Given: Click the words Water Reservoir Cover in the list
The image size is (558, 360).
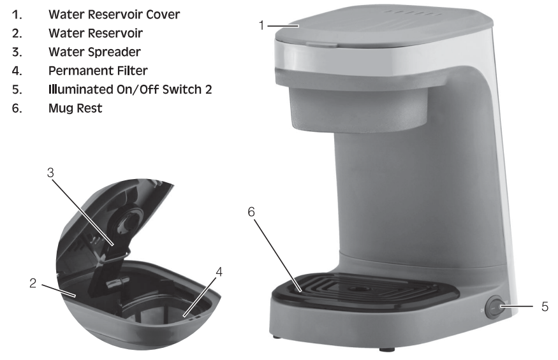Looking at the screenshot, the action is [114, 15].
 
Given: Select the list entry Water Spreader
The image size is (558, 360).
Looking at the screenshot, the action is [94, 52].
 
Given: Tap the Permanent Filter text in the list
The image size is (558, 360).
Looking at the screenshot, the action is [98, 71].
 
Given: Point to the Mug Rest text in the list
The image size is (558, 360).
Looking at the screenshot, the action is [75, 108].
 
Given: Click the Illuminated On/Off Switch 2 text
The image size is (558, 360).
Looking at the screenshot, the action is [130, 89].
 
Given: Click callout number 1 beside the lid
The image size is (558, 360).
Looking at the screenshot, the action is [261, 25].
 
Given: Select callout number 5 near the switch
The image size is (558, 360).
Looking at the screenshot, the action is [545, 306].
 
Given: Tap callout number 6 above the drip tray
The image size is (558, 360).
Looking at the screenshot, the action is [251, 212].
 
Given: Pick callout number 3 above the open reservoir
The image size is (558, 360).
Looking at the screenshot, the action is [50, 173].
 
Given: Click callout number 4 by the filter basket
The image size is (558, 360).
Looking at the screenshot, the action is [219, 272].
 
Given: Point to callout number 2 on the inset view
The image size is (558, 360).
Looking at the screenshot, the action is [33, 284].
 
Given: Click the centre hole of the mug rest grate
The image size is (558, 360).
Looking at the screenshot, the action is [355, 289].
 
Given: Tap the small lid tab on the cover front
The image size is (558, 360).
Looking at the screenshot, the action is [321, 44].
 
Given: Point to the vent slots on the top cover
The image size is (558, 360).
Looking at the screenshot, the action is [412, 13].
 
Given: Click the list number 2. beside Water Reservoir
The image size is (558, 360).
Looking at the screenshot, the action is [17, 33].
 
